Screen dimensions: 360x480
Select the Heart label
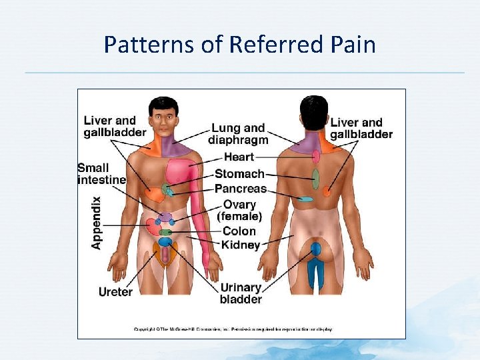click(x=239, y=157)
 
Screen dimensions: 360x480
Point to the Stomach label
click(x=239, y=174)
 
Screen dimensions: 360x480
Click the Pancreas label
click(x=240, y=189)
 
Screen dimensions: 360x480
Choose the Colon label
click(x=239, y=231)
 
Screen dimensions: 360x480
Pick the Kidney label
click(x=241, y=245)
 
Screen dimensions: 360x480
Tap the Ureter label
click(x=115, y=291)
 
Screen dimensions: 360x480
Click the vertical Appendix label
click(x=97, y=223)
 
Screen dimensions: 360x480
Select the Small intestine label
click(x=101, y=173)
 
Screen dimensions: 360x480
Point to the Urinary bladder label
click(x=241, y=293)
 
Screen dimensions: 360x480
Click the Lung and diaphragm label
click(x=238, y=133)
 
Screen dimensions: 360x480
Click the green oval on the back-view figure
click(x=315, y=179)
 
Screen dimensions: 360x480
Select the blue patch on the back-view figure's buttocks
click(x=315, y=249)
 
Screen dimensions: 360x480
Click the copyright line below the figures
click(x=233, y=329)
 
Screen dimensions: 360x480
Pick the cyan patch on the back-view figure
click(x=305, y=199)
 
